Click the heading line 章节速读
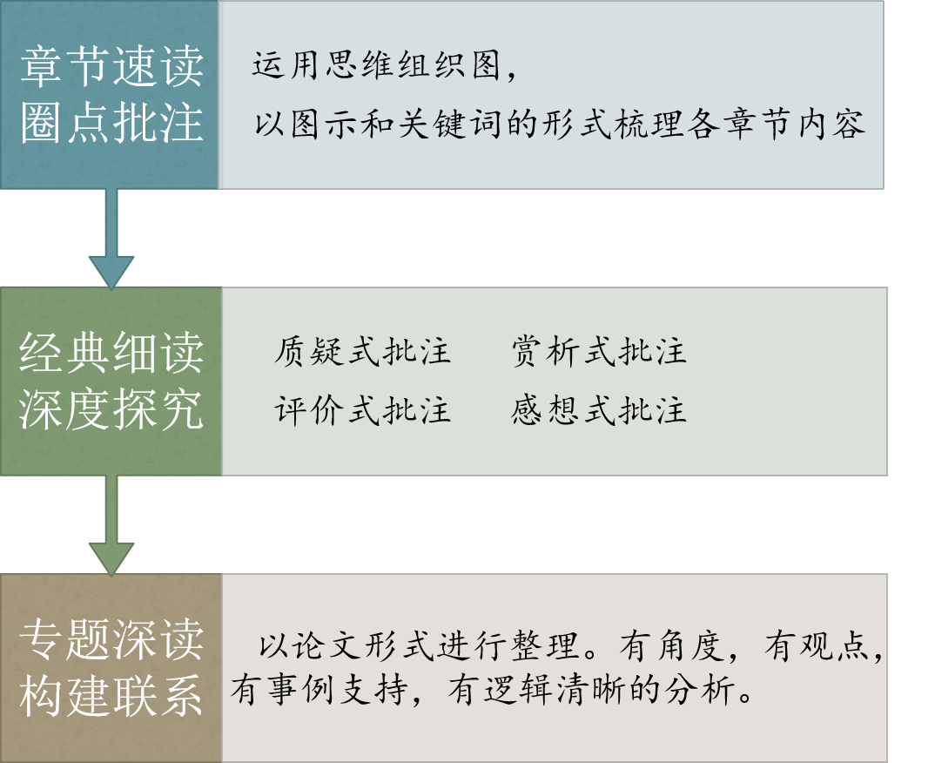(111, 67)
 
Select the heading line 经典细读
(111, 353)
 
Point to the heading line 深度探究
(111, 409)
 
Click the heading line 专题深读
(111, 639)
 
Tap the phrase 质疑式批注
(362, 352)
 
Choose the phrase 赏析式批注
(599, 352)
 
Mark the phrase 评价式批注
(362, 410)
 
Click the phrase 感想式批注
(599, 410)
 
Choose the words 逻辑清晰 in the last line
(558, 692)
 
